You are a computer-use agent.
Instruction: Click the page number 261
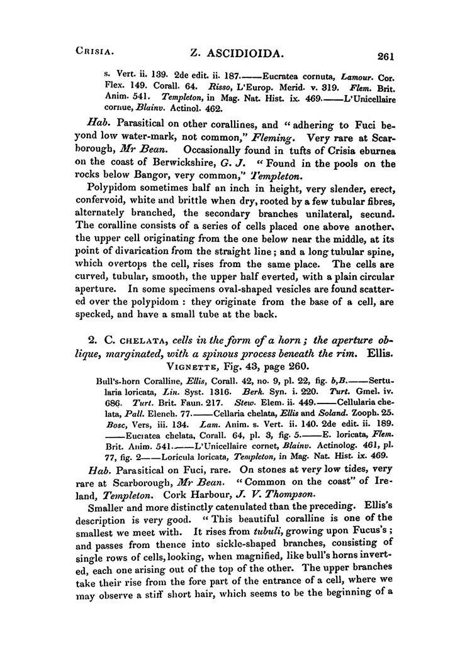pos(382,57)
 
